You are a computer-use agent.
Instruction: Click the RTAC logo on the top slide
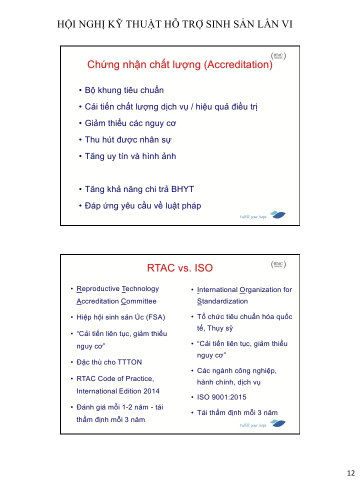(x=278, y=56)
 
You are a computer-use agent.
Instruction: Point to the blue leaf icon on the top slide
(x=277, y=215)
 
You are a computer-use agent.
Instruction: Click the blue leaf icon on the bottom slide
(x=277, y=423)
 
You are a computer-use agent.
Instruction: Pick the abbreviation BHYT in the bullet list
(x=182, y=189)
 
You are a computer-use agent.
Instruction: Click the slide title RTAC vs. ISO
(x=180, y=268)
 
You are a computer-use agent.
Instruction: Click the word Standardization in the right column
(x=222, y=301)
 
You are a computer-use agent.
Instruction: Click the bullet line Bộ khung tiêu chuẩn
(x=124, y=90)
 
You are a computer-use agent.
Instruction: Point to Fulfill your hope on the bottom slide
(x=253, y=425)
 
